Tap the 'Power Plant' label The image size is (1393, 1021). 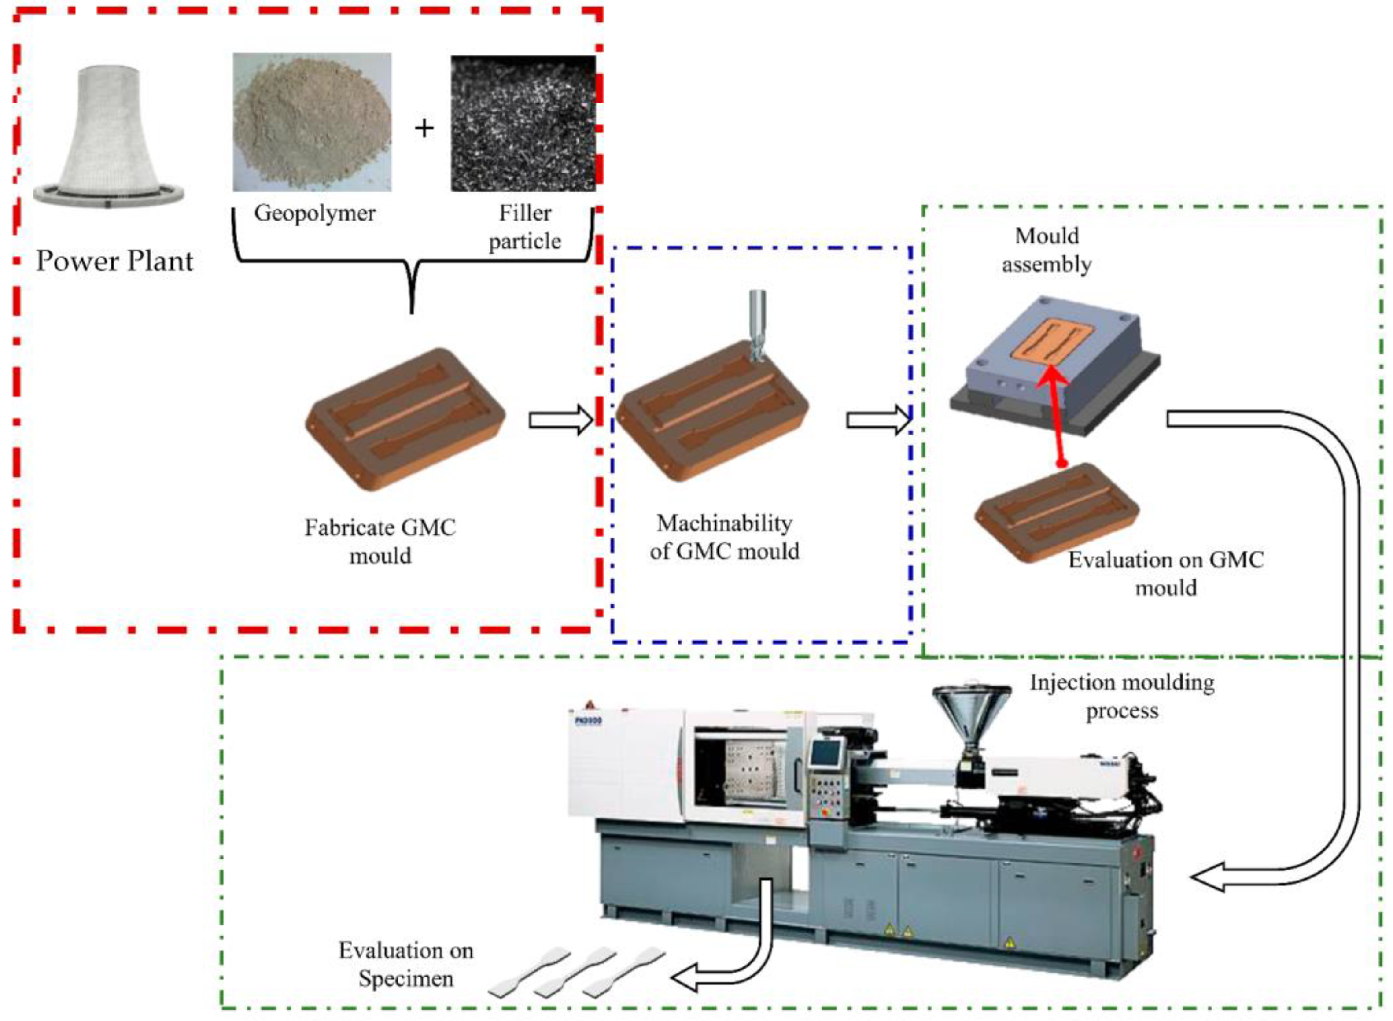coord(114,261)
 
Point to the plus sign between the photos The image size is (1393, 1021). coord(424,129)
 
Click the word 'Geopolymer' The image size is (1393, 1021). coord(314,213)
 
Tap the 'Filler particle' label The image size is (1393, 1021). coord(525,227)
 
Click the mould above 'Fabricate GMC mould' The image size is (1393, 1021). coord(405,419)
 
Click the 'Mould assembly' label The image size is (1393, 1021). coord(1047,250)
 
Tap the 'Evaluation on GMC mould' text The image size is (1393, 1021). coord(1165,573)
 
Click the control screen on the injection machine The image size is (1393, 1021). coord(827,754)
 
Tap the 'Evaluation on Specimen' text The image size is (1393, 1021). coord(406,964)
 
